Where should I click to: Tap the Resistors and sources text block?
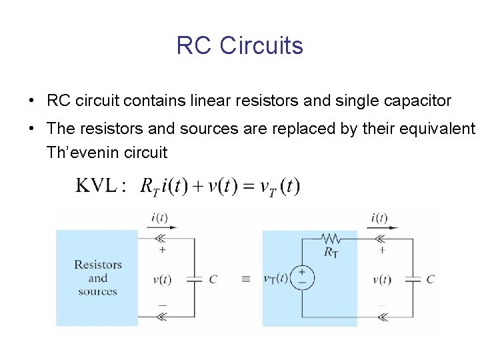[97, 278]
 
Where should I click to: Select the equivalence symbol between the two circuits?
[245, 279]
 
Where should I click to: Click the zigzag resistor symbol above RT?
[331, 239]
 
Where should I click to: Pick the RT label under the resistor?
[331, 252]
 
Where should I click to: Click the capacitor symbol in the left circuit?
[194, 279]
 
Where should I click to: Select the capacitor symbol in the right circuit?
[413, 279]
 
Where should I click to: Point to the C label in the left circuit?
[213, 279]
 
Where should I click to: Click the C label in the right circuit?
[431, 279]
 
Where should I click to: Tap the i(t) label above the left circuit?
[160, 218]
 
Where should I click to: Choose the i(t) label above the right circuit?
[379, 218]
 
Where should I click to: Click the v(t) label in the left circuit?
[162, 279]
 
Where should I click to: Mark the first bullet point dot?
[31, 101]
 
